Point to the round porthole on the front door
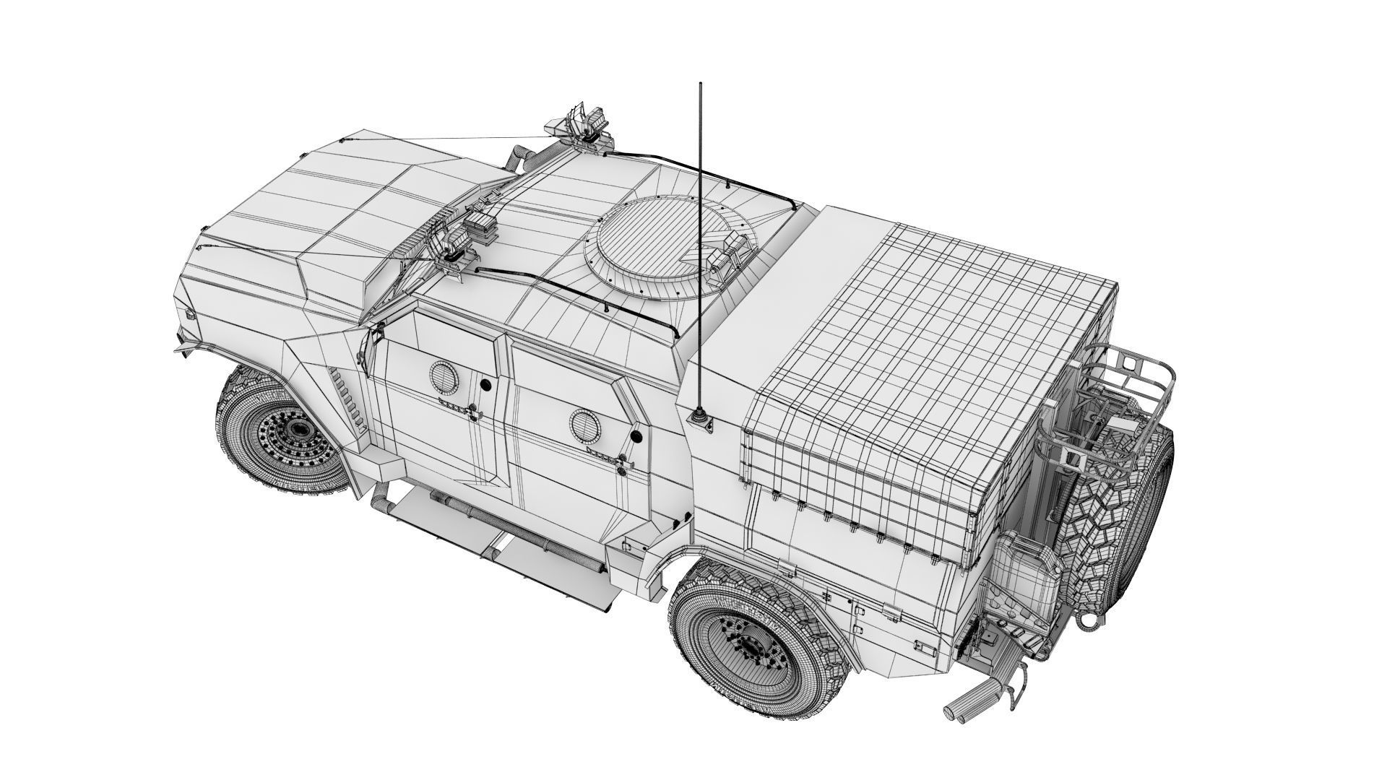coord(441,376)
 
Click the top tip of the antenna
coord(699,84)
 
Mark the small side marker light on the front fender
coord(190,316)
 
